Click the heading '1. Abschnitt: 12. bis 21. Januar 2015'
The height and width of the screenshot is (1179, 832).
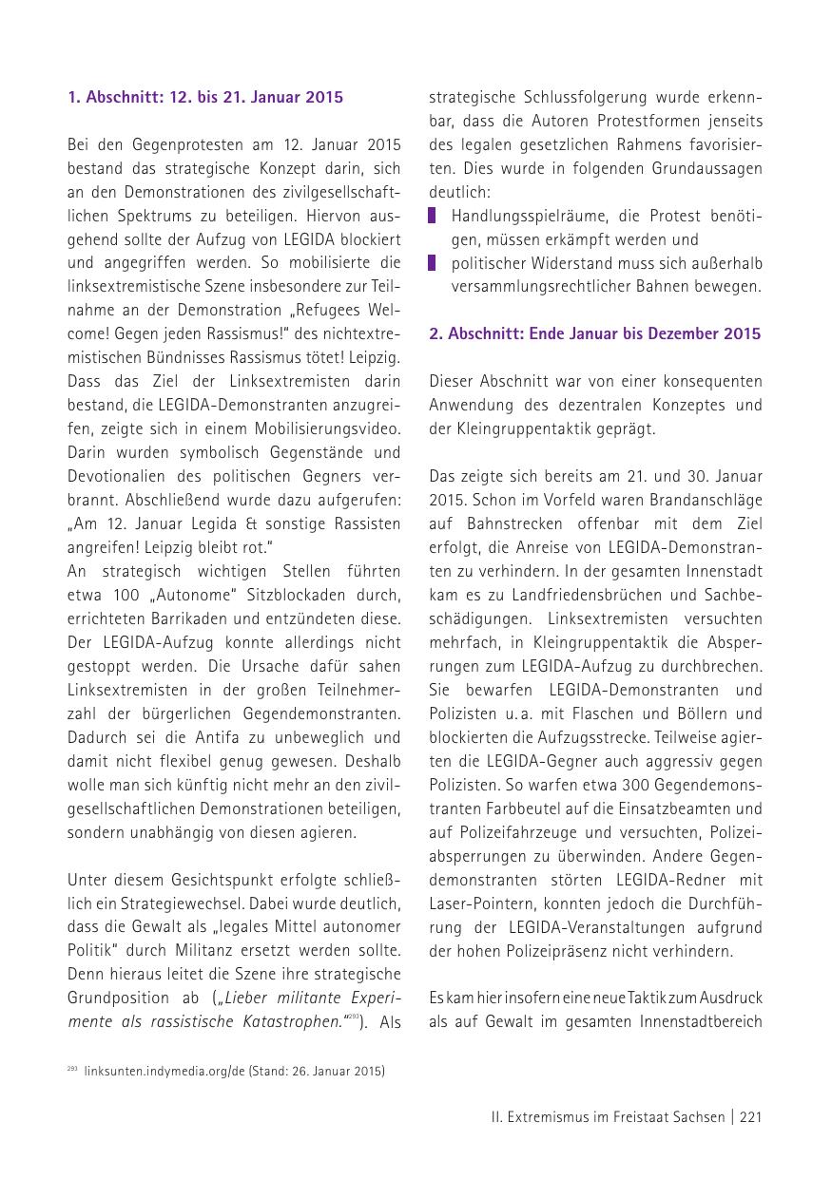(x=205, y=97)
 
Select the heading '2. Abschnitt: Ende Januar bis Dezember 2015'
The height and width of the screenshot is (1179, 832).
(x=594, y=333)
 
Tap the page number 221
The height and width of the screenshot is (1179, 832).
(x=750, y=1117)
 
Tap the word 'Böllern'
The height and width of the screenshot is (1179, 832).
(x=732, y=713)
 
